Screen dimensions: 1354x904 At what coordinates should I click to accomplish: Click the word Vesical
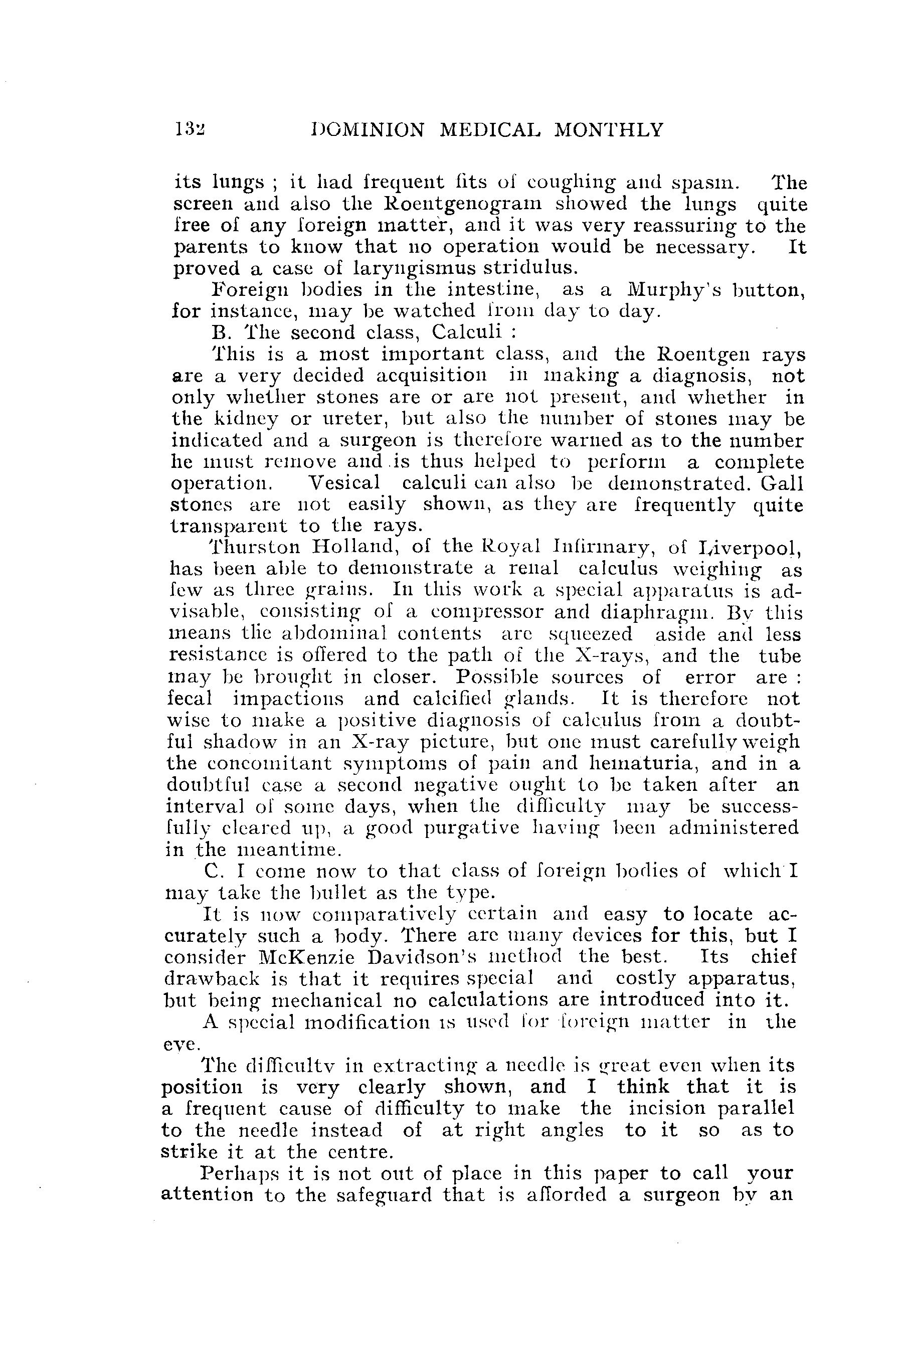(344, 483)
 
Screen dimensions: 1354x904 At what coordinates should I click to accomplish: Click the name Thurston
(254, 546)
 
